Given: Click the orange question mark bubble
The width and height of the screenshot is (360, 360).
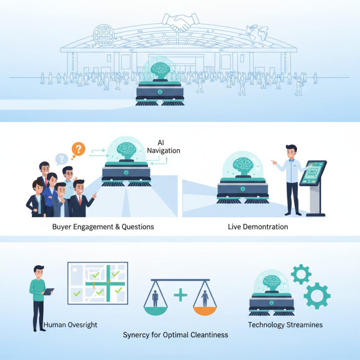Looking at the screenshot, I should point(78,148).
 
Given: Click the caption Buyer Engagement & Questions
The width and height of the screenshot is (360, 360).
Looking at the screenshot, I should point(103,227).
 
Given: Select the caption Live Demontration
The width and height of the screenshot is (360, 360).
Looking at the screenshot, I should point(258,227).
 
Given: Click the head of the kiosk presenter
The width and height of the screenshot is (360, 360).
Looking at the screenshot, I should point(291,152).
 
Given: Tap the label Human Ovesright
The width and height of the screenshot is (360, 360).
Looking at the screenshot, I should point(70,324).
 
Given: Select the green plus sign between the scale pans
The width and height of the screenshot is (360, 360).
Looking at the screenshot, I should point(180,296).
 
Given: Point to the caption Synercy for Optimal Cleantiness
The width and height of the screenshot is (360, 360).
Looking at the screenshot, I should point(175,335).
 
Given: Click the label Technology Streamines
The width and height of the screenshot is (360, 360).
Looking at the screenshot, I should point(285,324).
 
